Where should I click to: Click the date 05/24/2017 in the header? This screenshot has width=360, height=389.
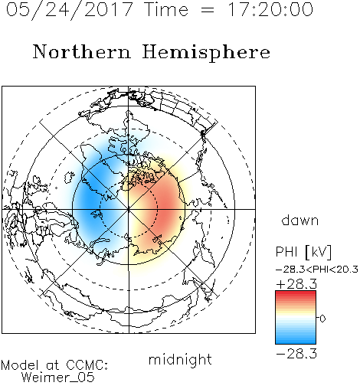tap(70, 9)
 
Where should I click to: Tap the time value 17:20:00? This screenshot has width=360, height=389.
tap(270, 9)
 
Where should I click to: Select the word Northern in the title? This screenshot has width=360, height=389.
tap(82, 51)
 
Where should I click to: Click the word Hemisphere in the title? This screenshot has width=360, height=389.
tap(206, 52)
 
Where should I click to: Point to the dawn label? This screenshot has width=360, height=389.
tap(300, 220)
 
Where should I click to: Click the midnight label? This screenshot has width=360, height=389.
tap(180, 359)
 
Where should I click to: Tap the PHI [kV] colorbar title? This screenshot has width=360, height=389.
tap(304, 252)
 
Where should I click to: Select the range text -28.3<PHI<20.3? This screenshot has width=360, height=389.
tap(317, 270)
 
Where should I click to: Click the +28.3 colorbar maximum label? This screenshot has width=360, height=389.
tap(296, 284)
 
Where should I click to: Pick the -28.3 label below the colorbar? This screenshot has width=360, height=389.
tap(296, 354)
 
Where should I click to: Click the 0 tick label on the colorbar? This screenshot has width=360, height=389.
tap(322, 319)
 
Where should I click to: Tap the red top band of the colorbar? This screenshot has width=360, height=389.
tap(296, 296)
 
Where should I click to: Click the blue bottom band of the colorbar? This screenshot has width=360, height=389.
tap(296, 339)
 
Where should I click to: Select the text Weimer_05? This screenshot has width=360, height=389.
tap(58, 378)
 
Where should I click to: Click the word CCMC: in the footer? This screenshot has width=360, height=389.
tap(87, 365)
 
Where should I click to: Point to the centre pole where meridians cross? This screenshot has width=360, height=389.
tap(129, 209)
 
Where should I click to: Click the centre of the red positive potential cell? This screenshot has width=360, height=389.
tap(165, 204)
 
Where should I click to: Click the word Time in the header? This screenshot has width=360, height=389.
tap(166, 9)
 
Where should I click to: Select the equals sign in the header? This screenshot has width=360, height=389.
tap(208, 10)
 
